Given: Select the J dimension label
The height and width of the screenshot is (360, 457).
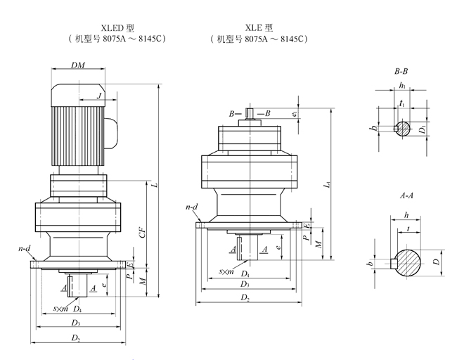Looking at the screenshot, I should [x=99, y=96].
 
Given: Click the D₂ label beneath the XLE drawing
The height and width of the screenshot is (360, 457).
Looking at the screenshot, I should [x=245, y=299].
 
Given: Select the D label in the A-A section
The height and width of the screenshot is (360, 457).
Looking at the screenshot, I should [x=436, y=262].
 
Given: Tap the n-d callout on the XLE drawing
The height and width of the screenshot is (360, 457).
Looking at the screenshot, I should [x=191, y=207].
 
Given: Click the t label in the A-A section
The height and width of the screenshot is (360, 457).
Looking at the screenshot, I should [x=408, y=229].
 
